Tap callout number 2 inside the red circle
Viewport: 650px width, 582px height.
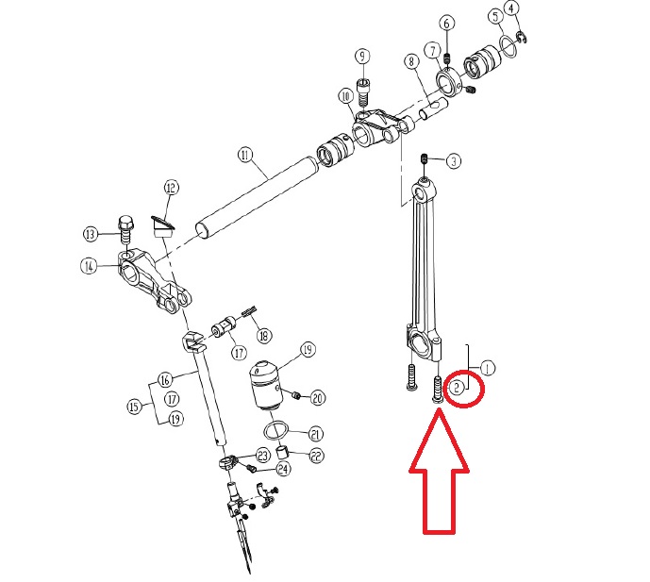pos(457,388)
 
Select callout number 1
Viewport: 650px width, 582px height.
pos(488,368)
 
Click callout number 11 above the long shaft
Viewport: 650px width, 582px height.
pos(246,155)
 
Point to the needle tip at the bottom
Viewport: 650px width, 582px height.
pos(250,573)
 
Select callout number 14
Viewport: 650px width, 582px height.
pos(89,266)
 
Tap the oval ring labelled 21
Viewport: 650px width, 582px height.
pos(275,430)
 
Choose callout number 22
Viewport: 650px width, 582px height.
pos(316,456)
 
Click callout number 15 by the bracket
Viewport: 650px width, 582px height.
pos(134,407)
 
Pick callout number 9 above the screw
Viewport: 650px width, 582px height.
pos(362,56)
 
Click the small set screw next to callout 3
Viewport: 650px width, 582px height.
pos(425,158)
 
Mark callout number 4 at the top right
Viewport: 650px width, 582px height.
pos(512,8)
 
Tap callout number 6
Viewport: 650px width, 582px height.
pos(446,24)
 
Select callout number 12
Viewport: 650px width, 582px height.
pos(171,188)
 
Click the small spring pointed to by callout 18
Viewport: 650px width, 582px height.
pos(250,310)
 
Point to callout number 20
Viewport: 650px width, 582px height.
pos(318,398)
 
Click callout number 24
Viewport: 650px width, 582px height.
pos(283,469)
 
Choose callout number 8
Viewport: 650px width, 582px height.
pos(411,61)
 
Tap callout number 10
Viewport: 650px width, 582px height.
pos(345,96)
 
